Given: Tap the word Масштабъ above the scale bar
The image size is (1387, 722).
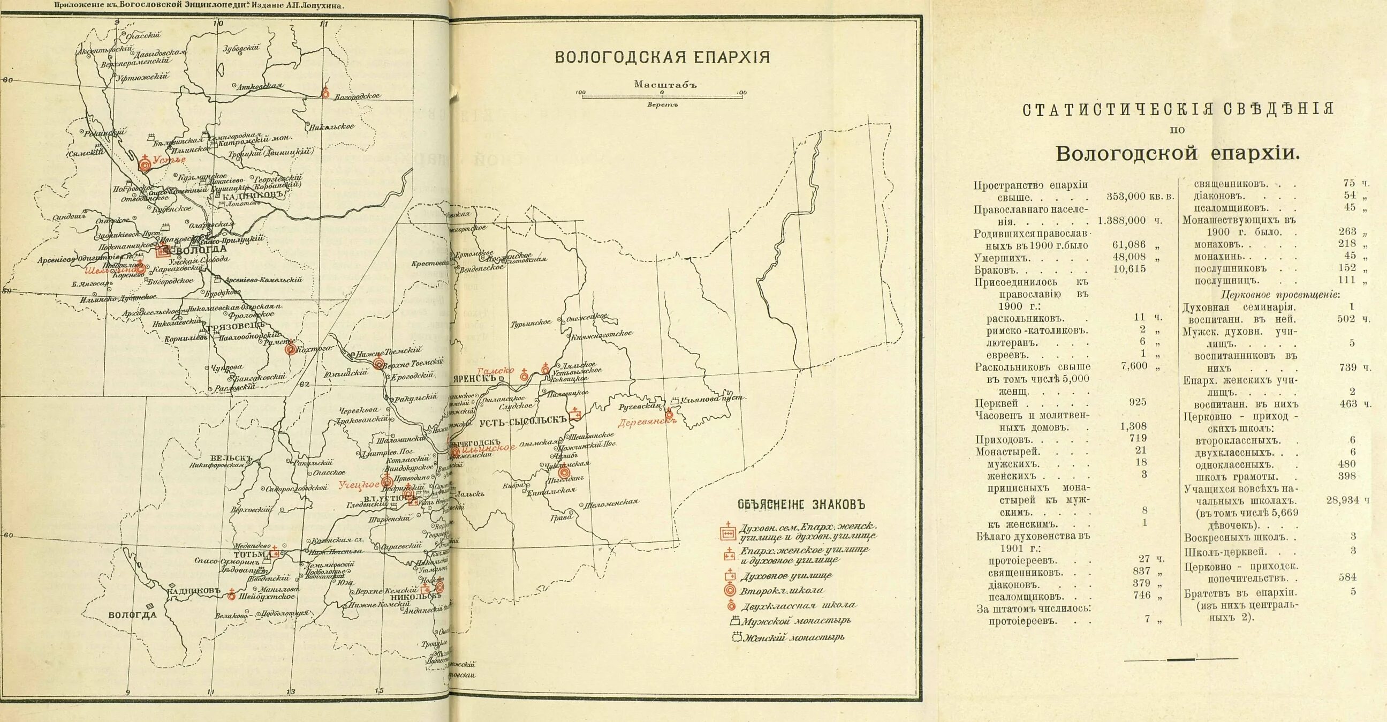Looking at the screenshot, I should click(665, 85).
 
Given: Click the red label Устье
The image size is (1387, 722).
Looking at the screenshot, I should click(169, 160).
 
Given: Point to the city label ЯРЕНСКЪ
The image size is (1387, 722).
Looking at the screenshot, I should click(474, 378).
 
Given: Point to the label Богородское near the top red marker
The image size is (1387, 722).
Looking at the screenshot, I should click(357, 96).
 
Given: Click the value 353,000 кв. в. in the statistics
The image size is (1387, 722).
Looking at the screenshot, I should click(1140, 197).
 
